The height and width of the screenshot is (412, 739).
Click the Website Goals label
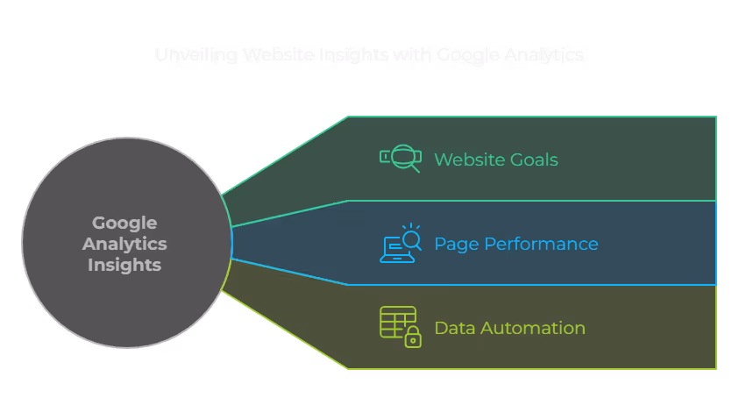pyautogui.click(x=496, y=160)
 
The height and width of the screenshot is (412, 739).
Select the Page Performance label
pyautogui.click(x=516, y=244)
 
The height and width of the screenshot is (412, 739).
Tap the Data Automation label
pyautogui.click(x=509, y=328)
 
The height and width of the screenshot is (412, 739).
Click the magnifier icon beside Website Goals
pyautogui.click(x=404, y=159)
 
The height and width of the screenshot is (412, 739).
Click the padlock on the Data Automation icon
pyautogui.click(x=412, y=337)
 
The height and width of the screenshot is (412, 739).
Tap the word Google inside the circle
pyautogui.click(x=124, y=223)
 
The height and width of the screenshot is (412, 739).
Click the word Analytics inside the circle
pyautogui.click(x=124, y=244)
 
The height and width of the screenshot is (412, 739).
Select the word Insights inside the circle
pyautogui.click(x=124, y=265)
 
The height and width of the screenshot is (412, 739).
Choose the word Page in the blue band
pyautogui.click(x=453, y=244)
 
